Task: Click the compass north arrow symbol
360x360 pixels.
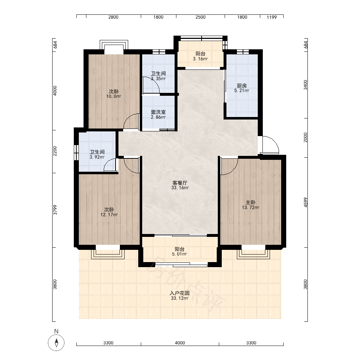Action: (x=56, y=343)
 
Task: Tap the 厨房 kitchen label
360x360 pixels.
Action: (x=242, y=86)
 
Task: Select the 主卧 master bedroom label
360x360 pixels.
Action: (x=251, y=202)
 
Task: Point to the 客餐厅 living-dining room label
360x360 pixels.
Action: (x=180, y=183)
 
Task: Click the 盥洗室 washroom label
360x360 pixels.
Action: (x=158, y=112)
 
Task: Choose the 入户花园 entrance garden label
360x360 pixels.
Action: (x=180, y=293)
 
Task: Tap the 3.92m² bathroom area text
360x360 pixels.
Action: (x=97, y=157)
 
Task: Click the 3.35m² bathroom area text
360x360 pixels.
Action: (x=158, y=79)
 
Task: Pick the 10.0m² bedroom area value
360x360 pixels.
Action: (x=114, y=96)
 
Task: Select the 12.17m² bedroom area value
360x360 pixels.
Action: (x=109, y=215)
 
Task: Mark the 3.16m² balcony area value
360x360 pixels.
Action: (x=201, y=59)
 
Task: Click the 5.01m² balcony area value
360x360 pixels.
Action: (x=180, y=254)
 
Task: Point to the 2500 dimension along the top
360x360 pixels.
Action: (x=201, y=17)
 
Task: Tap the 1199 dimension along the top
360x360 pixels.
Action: (x=271, y=17)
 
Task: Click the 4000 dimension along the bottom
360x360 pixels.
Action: (x=180, y=343)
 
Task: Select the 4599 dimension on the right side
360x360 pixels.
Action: (x=305, y=202)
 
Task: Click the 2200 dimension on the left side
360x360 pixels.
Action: (x=55, y=151)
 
